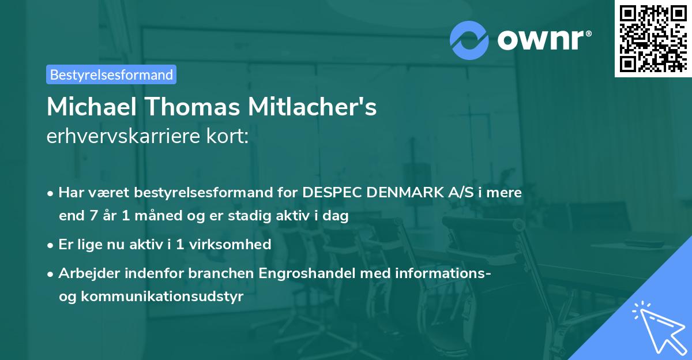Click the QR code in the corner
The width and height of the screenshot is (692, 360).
652,38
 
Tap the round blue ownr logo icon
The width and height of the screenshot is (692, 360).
469,40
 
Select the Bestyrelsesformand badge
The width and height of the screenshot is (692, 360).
111,74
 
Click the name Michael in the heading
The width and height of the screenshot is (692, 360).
88,107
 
